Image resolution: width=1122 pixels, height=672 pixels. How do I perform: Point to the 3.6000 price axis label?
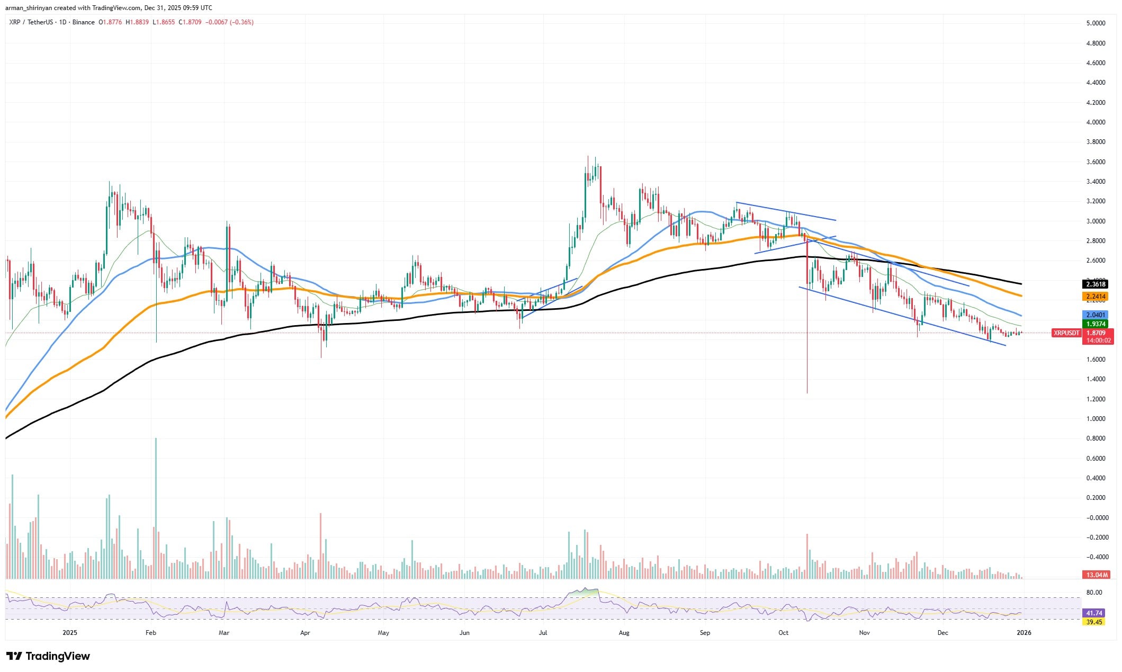(x=1091, y=162)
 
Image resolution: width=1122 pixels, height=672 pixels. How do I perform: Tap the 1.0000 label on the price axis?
(x=1091, y=419)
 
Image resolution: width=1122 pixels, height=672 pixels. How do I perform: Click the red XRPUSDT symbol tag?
(x=1066, y=333)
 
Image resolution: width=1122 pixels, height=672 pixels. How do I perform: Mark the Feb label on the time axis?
(x=150, y=633)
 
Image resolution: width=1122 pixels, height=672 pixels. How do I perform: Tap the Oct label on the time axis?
(x=783, y=633)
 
